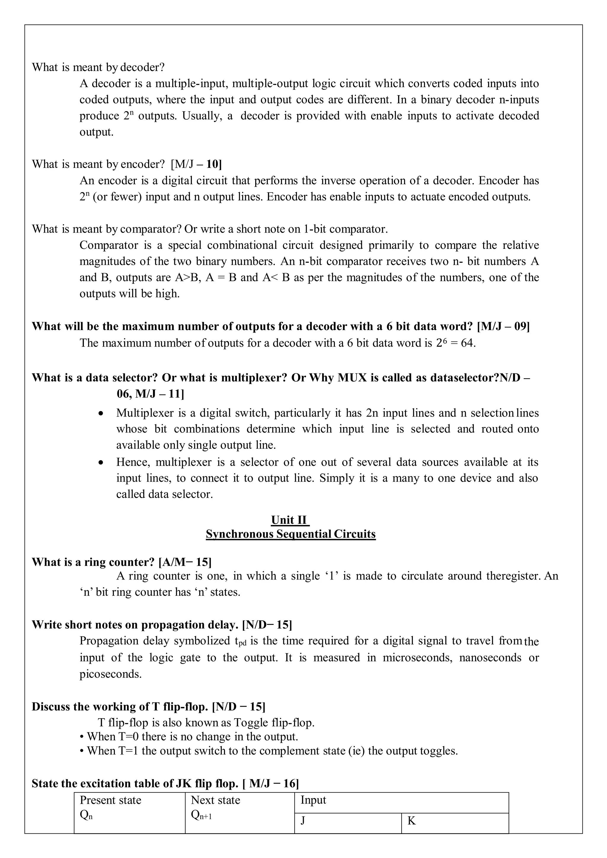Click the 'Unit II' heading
click(x=290, y=520)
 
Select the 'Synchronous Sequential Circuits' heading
click(x=290, y=534)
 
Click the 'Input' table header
click(x=313, y=800)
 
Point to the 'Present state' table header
click(x=110, y=800)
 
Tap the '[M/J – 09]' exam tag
click(x=504, y=326)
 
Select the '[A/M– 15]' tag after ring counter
click(x=185, y=562)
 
